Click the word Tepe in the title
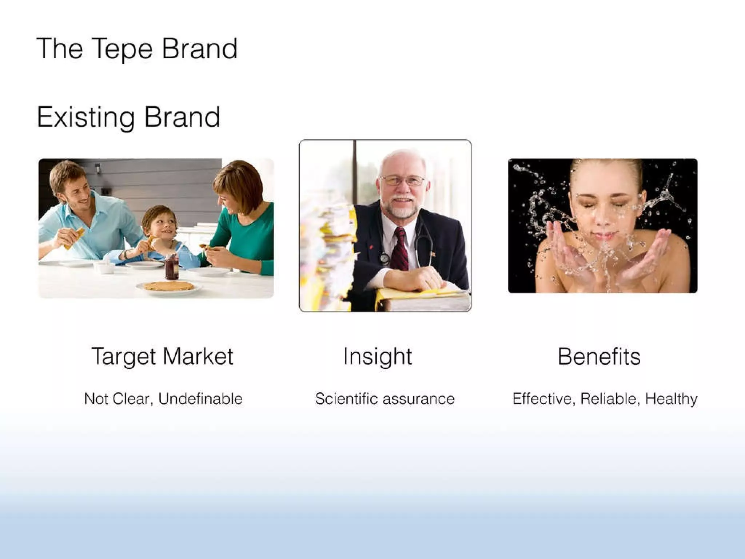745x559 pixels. [x=122, y=49]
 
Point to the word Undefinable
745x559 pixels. [x=200, y=399]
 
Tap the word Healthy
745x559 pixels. [x=671, y=399]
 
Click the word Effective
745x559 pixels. [x=543, y=399]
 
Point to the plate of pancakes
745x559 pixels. [x=169, y=286]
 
